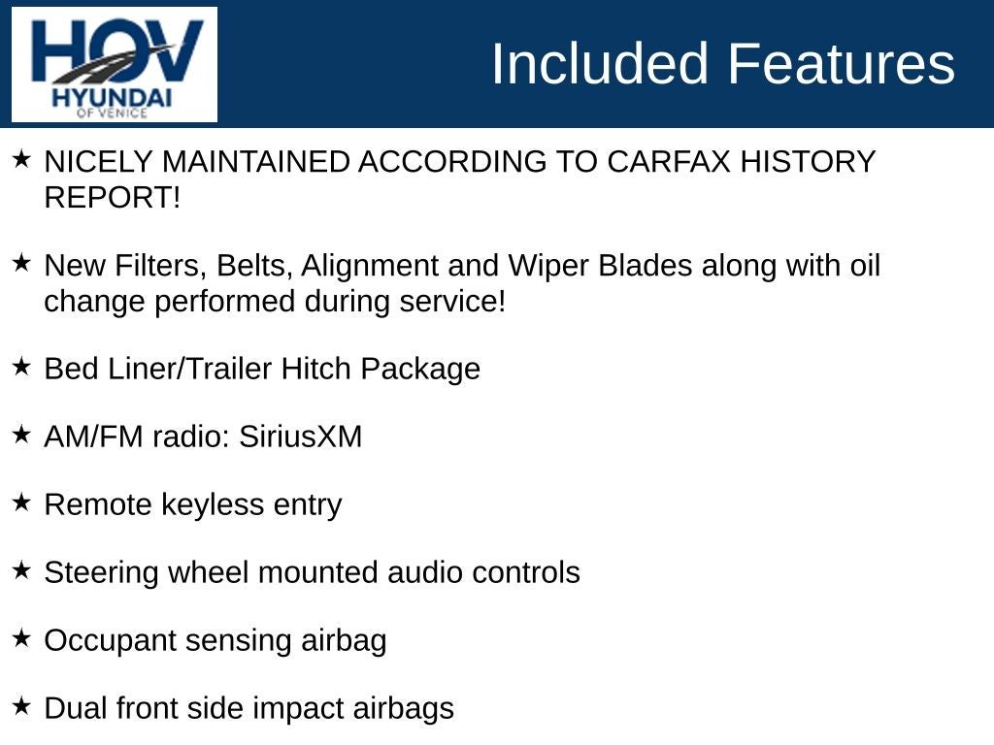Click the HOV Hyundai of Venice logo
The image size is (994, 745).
[115, 65]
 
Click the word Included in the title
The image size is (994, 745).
[600, 63]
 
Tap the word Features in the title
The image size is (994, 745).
[841, 63]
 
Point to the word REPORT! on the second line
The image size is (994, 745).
[113, 198]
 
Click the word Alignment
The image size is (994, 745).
[370, 266]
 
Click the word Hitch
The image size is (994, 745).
[316, 369]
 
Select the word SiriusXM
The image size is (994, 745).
[301, 437]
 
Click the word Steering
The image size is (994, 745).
[101, 573]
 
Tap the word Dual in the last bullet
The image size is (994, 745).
[75, 708]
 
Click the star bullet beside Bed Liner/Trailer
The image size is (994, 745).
[21, 366]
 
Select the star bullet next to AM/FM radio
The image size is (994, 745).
[21, 435]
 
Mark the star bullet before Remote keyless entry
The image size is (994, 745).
[21, 502]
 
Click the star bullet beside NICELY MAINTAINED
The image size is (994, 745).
[21, 159]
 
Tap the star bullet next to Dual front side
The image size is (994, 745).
[21, 706]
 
